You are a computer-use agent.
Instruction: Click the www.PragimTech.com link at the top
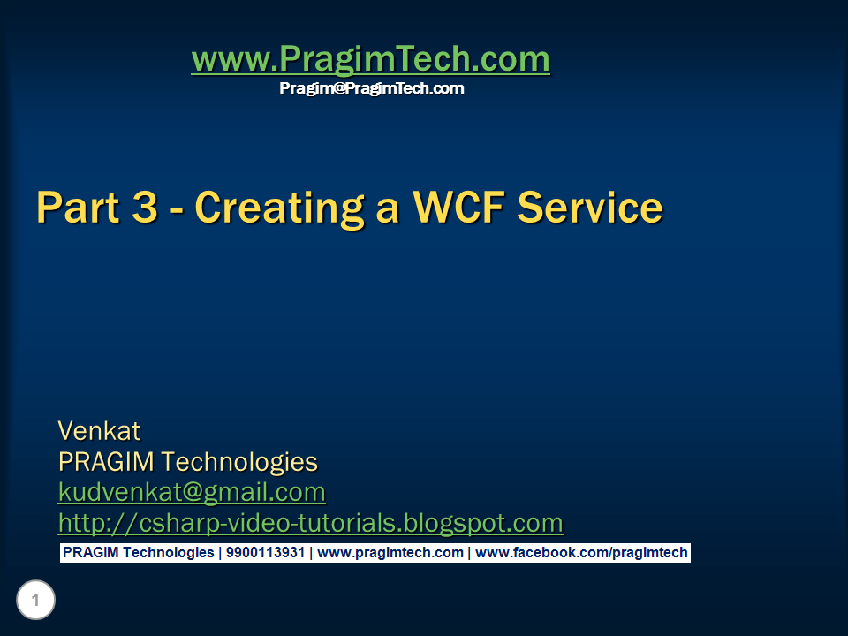coord(371,59)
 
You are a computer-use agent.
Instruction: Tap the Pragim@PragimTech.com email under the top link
coord(372,88)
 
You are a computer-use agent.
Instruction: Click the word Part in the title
coord(78,207)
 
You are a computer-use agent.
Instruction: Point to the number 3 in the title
coord(145,207)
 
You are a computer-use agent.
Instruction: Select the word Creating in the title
coord(279,208)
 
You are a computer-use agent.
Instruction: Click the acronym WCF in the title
coord(458,207)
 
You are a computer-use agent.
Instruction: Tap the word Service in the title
coord(590,207)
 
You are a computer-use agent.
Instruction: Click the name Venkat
coord(99,431)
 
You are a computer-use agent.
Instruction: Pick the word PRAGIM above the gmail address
coord(106,462)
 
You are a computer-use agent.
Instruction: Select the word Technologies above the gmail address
coord(239,463)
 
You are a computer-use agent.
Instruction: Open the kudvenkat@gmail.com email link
coord(192,493)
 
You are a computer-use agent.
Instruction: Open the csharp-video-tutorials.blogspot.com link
coord(310,523)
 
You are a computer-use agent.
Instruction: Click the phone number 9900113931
coord(265,553)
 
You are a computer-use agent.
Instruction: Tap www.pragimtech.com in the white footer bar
coord(390,553)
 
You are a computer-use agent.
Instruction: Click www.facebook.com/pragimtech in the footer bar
coord(581,553)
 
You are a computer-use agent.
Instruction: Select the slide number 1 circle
coord(35,600)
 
